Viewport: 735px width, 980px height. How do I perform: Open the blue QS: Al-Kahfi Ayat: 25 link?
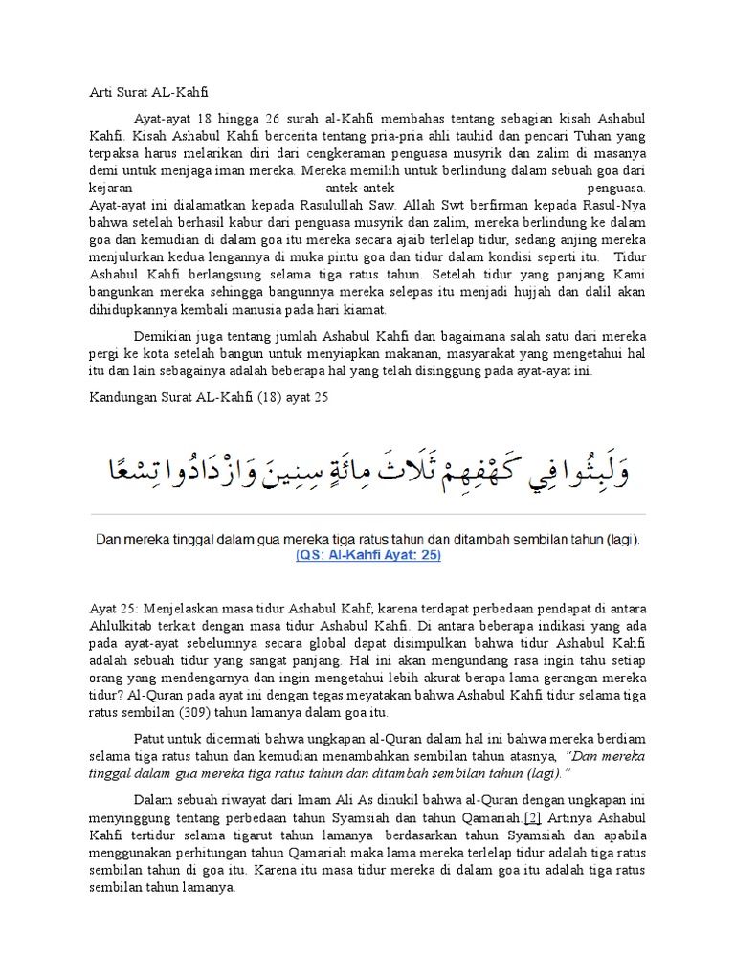[x=367, y=557]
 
